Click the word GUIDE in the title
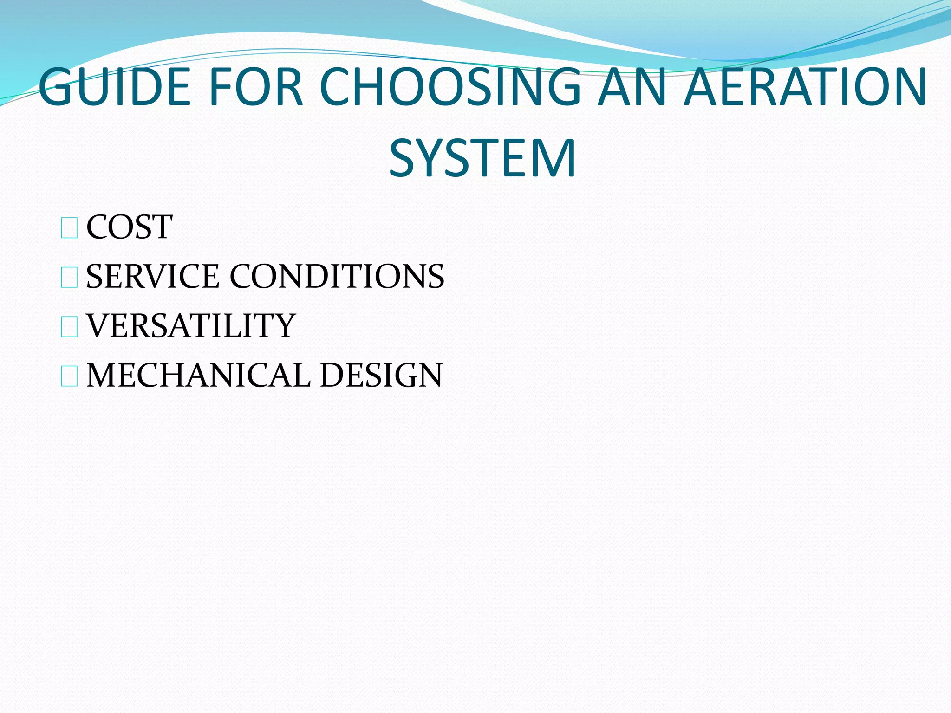pyautogui.click(x=114, y=87)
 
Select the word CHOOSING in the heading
pyautogui.click(x=450, y=87)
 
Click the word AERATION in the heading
pyautogui.click(x=806, y=87)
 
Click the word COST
pyautogui.click(x=130, y=227)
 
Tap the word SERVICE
pyautogui.click(x=153, y=276)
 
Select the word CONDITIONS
pyautogui.click(x=337, y=276)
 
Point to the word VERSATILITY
pyautogui.click(x=191, y=325)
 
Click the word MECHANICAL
pyautogui.click(x=199, y=375)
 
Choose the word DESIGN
pyautogui.click(x=381, y=375)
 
